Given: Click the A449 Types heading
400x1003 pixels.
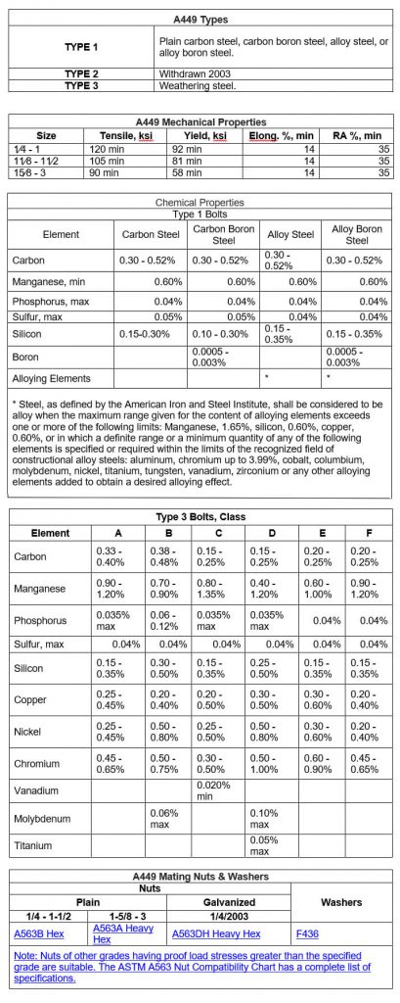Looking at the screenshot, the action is [200, 20].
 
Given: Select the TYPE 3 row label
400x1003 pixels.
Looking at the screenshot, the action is [81, 86].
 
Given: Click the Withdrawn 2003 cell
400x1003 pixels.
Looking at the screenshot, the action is [190, 74].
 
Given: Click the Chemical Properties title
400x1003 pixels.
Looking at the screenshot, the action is [200, 202].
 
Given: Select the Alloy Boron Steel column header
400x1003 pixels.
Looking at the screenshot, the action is [356, 235].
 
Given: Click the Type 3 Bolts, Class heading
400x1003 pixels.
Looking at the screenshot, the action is [200, 516].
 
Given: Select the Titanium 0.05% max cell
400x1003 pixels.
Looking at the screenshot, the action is [264, 845].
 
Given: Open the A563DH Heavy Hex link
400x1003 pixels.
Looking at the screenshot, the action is [215, 934].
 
